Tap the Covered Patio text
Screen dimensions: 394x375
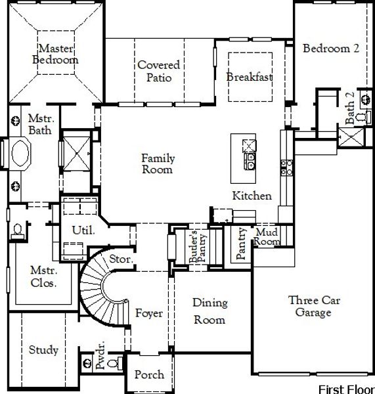[155, 71]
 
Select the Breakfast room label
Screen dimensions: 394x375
[249, 77]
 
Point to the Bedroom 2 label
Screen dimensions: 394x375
[331, 48]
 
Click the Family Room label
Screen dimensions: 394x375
[158, 164]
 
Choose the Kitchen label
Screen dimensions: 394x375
[252, 196]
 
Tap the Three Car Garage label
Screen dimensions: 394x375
[309, 306]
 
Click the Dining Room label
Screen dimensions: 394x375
[210, 311]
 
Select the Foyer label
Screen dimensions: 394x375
[149, 313]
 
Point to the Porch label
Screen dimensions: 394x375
[149, 375]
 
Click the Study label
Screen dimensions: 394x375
[43, 350]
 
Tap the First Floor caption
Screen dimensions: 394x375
[345, 389]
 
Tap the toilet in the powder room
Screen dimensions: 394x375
[112, 362]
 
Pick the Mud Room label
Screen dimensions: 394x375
[267, 236]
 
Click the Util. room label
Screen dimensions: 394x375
[83, 230]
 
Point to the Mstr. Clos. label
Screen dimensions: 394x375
[43, 276]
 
